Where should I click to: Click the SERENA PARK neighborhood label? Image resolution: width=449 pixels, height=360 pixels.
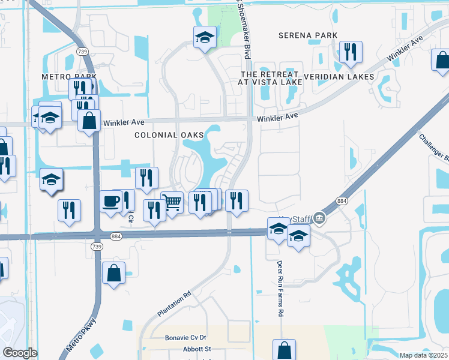coord(308,36)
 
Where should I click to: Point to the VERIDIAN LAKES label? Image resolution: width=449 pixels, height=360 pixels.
coord(339,77)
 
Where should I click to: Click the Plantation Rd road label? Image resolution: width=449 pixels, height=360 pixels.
coord(174,304)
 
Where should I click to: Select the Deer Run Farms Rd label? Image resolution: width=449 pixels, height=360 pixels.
coord(279,289)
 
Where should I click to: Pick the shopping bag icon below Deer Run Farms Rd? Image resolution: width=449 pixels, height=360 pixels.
coord(284,349)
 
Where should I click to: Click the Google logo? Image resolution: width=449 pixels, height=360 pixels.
coord(20,353)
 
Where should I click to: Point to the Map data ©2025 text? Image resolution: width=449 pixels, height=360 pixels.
coord(424,355)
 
